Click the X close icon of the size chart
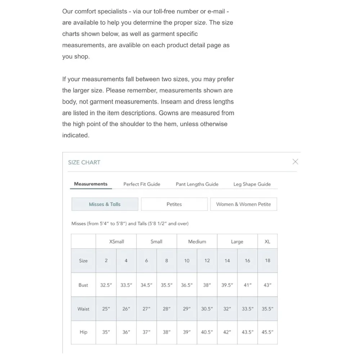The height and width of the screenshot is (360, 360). (x=295, y=162)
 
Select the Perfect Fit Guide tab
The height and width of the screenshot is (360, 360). (x=142, y=184)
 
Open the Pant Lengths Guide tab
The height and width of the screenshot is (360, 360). (x=197, y=184)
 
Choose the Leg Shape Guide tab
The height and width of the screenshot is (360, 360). (x=252, y=184)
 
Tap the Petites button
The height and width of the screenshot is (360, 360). (x=174, y=204)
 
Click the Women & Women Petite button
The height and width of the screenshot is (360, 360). (x=243, y=204)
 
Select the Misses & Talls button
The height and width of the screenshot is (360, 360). (x=105, y=204)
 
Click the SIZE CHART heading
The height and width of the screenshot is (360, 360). (x=84, y=162)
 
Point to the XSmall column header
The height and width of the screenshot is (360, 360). (x=116, y=242)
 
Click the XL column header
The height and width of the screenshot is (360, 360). (x=267, y=242)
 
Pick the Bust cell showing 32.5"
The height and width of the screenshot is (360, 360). (x=106, y=285)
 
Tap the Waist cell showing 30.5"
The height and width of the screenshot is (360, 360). (x=207, y=309)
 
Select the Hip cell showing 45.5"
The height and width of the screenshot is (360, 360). (x=267, y=332)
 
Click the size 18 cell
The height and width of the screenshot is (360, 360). (x=267, y=261)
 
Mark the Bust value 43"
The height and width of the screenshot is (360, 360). (x=267, y=285)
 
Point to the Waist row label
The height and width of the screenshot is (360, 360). (x=83, y=309)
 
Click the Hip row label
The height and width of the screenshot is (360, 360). (x=83, y=332)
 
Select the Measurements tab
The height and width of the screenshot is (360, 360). (x=91, y=184)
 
